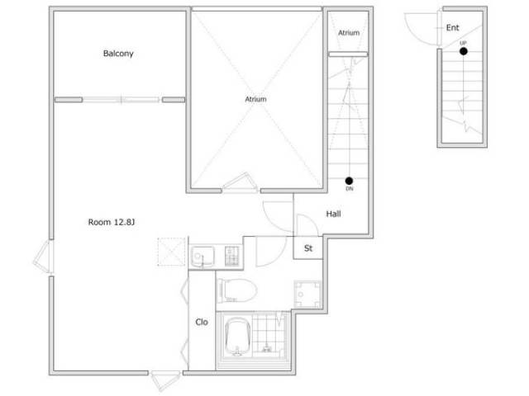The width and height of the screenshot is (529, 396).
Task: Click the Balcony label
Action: pos(118,54)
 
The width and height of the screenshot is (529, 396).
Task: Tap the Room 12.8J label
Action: pos(112,222)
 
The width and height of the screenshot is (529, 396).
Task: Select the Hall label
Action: pos(333,214)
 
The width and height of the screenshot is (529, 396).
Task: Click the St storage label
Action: pos(308,248)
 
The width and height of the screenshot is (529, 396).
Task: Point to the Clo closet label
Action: pos(202,323)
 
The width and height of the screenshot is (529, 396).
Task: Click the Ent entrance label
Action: pos(452,27)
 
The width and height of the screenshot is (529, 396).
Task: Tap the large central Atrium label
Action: pos(255,99)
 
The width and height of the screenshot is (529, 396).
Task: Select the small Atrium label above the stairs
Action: pos(349,33)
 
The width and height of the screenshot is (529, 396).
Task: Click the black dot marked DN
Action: pos(349,181)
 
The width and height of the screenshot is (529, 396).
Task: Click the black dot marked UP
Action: pos(464,51)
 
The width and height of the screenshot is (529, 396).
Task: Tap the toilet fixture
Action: pos(237,290)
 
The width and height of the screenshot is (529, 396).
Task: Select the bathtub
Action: pos(238,337)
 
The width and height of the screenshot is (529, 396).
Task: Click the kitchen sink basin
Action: pos(203,257)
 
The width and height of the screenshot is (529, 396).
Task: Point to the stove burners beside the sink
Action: pos(232,257)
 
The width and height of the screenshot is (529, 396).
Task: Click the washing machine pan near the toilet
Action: pos(307,295)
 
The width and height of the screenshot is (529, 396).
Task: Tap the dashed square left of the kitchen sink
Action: pos(172,252)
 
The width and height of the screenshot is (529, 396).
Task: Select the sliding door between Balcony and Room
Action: pos(122,100)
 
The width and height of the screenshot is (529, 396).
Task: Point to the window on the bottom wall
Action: pos(165,379)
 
